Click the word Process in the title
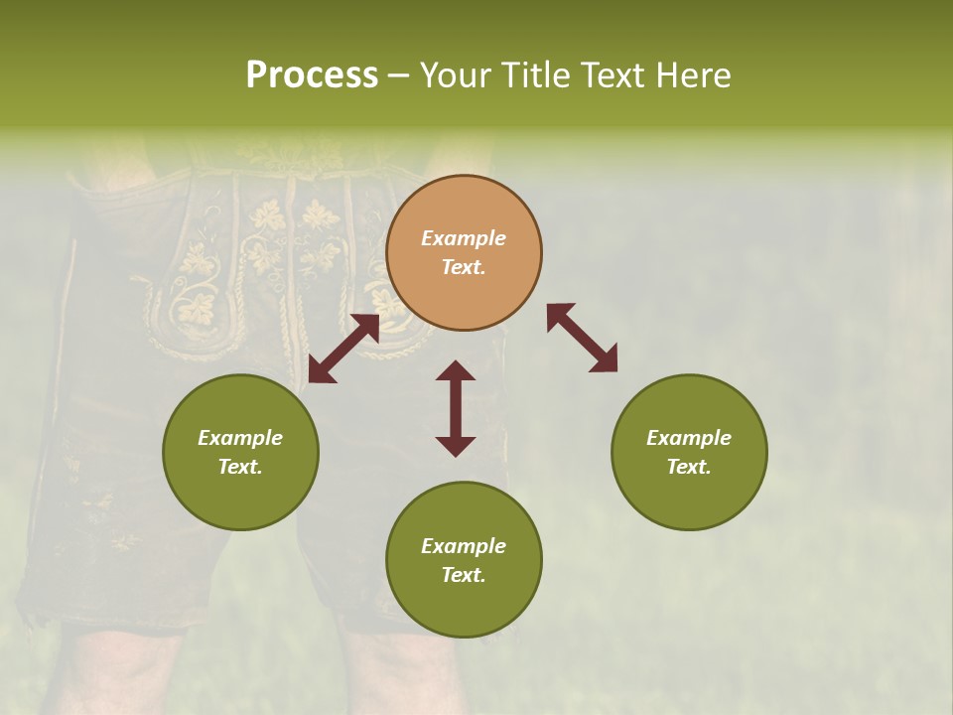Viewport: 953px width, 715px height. (x=312, y=75)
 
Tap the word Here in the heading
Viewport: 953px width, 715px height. (x=691, y=75)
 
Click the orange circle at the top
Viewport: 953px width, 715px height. (x=464, y=253)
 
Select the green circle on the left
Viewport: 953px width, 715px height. (x=240, y=452)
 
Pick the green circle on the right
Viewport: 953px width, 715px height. (x=689, y=452)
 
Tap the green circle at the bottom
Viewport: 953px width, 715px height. (x=464, y=559)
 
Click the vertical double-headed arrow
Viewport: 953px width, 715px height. (x=456, y=408)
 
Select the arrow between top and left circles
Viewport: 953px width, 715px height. (x=343, y=349)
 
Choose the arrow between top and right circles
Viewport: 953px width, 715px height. (x=582, y=338)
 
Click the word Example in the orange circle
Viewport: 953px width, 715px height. (x=464, y=238)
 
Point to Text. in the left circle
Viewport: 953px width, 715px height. (x=240, y=467)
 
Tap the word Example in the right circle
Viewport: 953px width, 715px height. (x=689, y=438)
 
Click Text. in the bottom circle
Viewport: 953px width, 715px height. (x=464, y=575)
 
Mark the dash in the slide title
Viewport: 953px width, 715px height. (x=398, y=75)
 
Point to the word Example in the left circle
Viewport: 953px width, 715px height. (x=240, y=438)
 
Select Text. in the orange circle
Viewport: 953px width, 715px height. (x=464, y=268)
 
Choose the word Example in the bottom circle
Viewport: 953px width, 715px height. (x=464, y=546)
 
